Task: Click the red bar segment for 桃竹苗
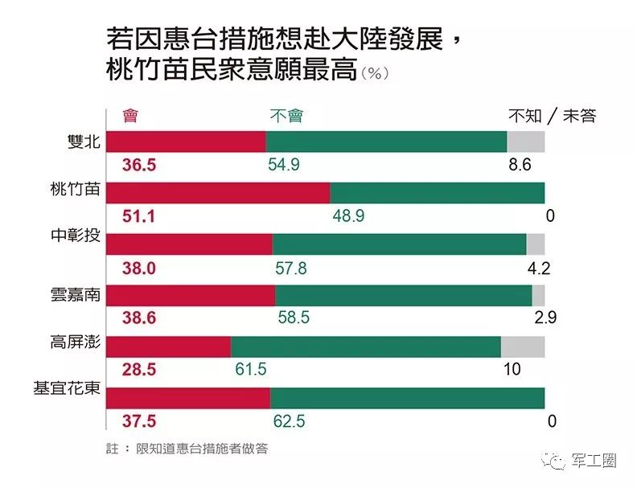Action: click(218, 193)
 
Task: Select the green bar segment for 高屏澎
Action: click(365, 347)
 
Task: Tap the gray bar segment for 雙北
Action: click(525, 141)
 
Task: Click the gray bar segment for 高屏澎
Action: click(522, 347)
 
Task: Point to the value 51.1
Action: click(138, 216)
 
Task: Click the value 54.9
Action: click(284, 165)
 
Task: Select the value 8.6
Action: click(521, 165)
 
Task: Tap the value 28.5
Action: click(138, 370)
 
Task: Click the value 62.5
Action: click(290, 421)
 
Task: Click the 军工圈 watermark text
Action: click(594, 461)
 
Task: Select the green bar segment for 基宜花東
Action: click(407, 398)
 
